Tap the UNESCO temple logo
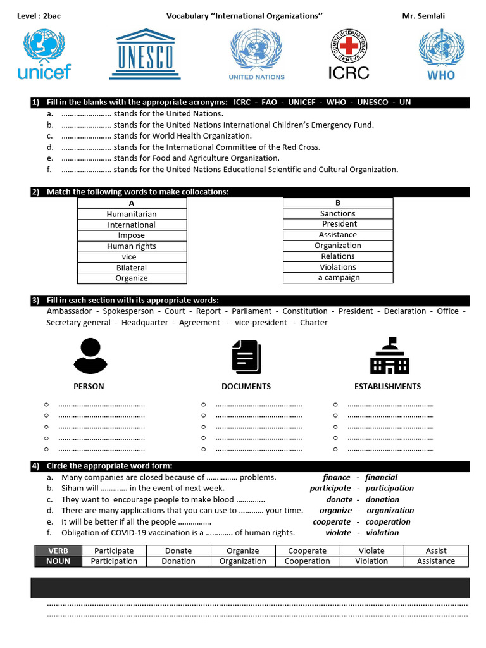pyautogui.click(x=146, y=54)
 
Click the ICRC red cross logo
pyautogui.click(x=349, y=54)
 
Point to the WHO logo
pyautogui.click(x=441, y=54)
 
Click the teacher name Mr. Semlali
pyautogui.click(x=423, y=16)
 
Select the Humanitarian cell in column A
pyautogui.click(x=132, y=214)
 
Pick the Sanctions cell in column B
pyautogui.click(x=337, y=213)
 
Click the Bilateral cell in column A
pyautogui.click(x=132, y=268)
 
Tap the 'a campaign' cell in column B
pyautogui.click(x=338, y=278)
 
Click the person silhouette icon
pyautogui.click(x=89, y=356)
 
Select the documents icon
pyautogui.click(x=246, y=356)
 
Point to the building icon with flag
pyautogui.click(x=389, y=356)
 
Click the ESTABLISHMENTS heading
pyautogui.click(x=387, y=386)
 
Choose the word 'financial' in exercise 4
pyautogui.click(x=381, y=477)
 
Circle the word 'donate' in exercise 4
pyautogui.click(x=339, y=499)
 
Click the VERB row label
pyautogui.click(x=58, y=551)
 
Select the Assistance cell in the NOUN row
pyautogui.click(x=435, y=561)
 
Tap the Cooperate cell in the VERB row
pyautogui.click(x=307, y=551)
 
